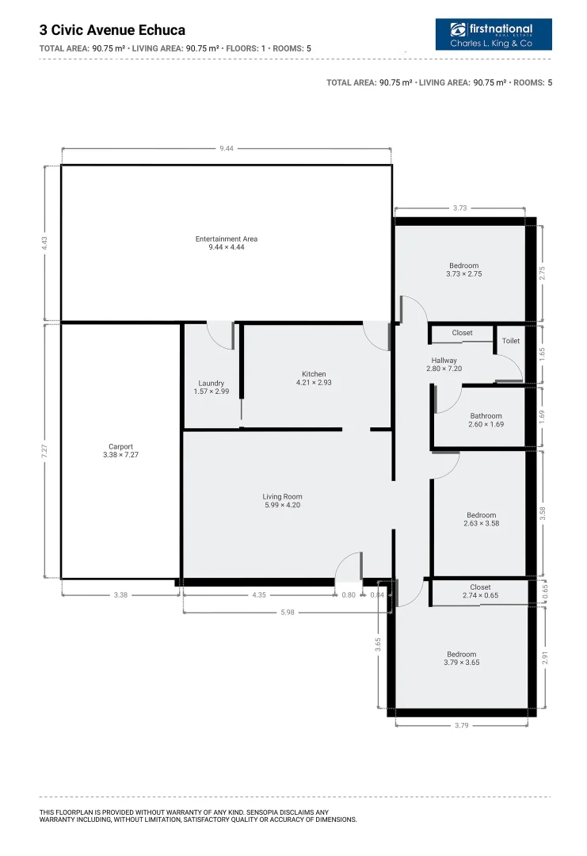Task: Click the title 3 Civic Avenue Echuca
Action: [x=112, y=30]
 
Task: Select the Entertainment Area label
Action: [x=227, y=243]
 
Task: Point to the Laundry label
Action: [x=212, y=388]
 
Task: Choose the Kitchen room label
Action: [x=314, y=378]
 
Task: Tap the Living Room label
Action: [x=283, y=501]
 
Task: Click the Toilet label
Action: [x=511, y=341]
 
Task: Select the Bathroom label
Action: [x=486, y=420]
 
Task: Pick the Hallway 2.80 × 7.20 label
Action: [x=444, y=365]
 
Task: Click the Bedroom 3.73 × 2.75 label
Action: [x=463, y=269]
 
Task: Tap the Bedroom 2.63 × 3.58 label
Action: [x=482, y=519]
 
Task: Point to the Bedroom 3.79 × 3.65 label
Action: [x=461, y=658]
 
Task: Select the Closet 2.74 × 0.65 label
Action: [x=480, y=591]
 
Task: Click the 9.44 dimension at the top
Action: [x=227, y=148]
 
